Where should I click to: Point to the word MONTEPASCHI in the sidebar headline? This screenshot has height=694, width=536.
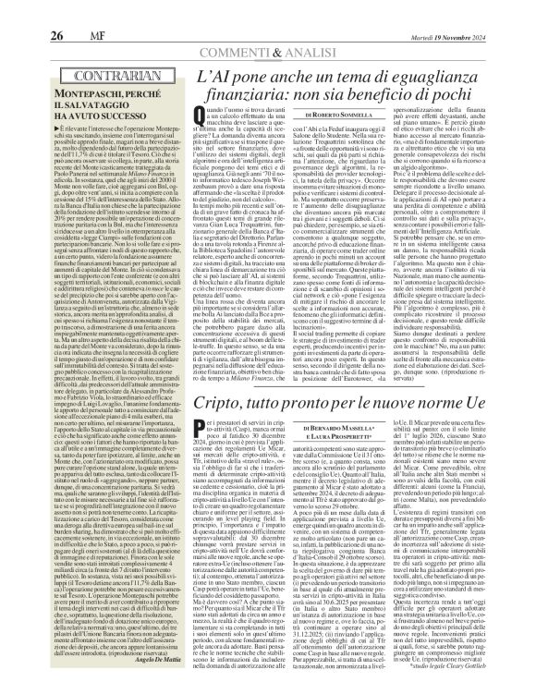67,70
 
